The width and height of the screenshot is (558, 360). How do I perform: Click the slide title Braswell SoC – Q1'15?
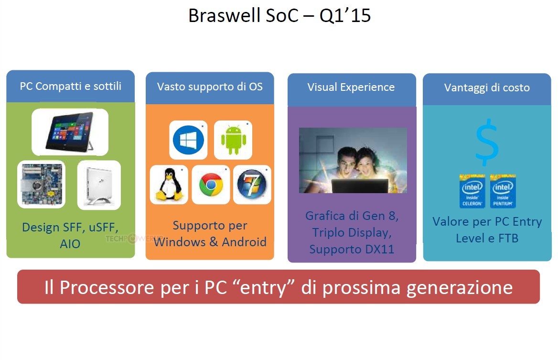click(279, 16)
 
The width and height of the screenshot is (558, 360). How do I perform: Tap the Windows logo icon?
click(188, 140)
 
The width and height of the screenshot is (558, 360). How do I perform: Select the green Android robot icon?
click(234, 140)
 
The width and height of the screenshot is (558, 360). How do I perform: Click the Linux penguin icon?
click(170, 185)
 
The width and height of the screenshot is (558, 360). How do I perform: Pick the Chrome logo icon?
click(211, 185)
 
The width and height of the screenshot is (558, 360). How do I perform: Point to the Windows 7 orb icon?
click(252, 185)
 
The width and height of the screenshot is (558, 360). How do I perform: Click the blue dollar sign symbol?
click(487, 142)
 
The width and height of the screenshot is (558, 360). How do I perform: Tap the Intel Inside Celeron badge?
click(472, 191)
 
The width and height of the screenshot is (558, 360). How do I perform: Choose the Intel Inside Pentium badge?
click(503, 191)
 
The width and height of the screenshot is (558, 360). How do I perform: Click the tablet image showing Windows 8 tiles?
click(70, 132)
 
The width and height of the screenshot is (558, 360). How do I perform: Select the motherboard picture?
click(42, 184)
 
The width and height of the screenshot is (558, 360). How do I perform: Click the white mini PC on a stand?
click(99, 185)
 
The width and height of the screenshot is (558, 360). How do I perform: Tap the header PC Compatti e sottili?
click(70, 86)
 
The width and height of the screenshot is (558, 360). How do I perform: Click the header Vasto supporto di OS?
click(210, 87)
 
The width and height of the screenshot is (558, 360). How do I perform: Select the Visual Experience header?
click(351, 87)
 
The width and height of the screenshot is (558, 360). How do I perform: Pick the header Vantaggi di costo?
click(487, 87)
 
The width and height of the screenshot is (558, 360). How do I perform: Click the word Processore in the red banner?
click(107, 287)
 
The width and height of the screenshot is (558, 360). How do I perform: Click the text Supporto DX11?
click(352, 249)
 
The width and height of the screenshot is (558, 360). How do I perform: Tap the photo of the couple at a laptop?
click(353, 160)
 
